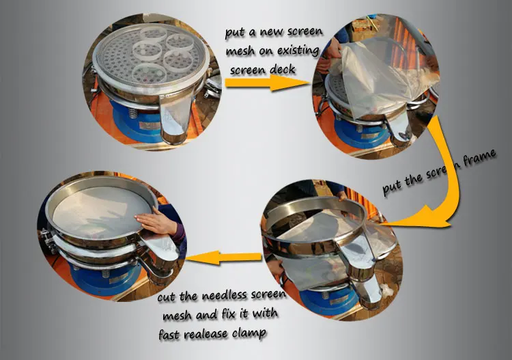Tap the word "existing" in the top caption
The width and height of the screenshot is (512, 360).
pos(298,51)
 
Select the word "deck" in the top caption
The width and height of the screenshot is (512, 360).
pos(283,69)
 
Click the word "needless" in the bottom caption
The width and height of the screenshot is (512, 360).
pos(224,296)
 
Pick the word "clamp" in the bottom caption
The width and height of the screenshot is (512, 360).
pos(249,334)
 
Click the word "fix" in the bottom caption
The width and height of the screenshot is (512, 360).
pos(229,314)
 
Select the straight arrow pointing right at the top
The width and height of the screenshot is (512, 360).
pos(267,83)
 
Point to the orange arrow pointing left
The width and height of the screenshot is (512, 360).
pos(224,258)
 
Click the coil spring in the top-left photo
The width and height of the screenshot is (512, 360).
pos(132,113)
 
